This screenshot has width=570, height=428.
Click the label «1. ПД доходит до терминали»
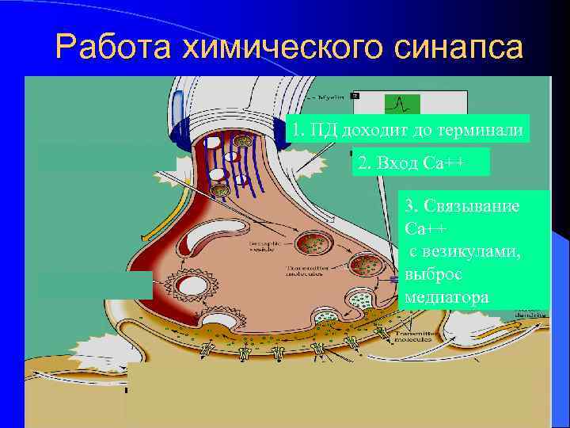(407, 129)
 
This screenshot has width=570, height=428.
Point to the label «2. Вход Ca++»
(412, 163)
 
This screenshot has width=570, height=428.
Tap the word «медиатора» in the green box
(446, 297)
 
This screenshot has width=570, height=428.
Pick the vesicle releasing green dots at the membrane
(325, 320)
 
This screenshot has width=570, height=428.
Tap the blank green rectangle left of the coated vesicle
(93, 285)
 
